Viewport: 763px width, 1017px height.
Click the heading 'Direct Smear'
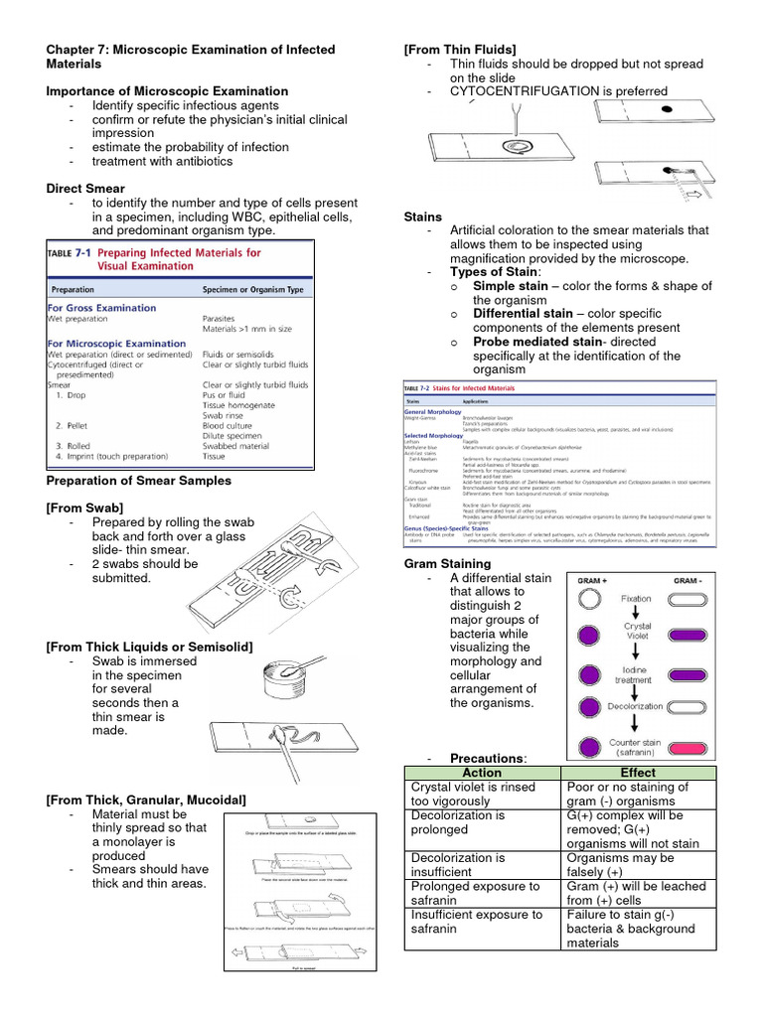click(x=85, y=188)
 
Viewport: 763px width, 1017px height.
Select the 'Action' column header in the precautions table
click(x=482, y=773)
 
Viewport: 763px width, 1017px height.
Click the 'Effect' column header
click(x=637, y=773)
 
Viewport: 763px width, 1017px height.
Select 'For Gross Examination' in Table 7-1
click(x=101, y=308)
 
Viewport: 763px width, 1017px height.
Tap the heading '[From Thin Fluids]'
click(x=460, y=50)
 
